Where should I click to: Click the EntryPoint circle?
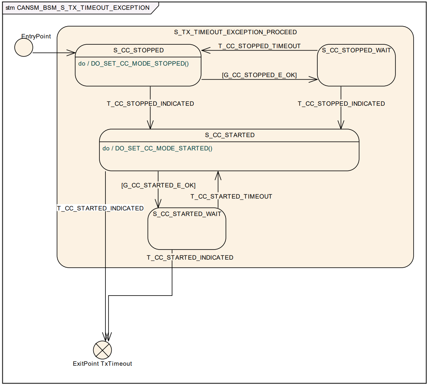coord(24,47)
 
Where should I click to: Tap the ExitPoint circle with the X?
coord(102,350)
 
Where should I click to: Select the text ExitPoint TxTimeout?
coord(102,364)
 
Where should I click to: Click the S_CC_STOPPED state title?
coord(139,50)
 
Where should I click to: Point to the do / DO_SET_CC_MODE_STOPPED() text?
coord(133,64)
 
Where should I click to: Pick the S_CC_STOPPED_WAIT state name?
coord(356,50)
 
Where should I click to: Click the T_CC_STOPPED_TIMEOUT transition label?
coord(259,46)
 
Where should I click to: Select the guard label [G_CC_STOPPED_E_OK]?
coord(259,75)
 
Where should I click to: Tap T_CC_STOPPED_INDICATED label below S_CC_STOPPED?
coord(150,104)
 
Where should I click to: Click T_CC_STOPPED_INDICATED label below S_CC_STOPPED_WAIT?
coord(341,104)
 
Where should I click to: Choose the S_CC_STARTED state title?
coord(230,135)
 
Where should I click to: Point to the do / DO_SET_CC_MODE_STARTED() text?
coord(157,148)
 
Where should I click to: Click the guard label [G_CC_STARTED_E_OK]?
coord(158,185)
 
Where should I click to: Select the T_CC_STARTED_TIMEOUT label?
coord(231,196)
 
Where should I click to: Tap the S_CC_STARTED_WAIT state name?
coord(187,214)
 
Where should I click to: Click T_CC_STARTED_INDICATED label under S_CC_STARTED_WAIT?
coord(190,258)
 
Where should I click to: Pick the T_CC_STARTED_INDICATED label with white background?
coord(100,208)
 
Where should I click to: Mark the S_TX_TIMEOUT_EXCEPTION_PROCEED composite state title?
coord(235,32)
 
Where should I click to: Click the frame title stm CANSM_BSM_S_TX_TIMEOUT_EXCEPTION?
coord(77,8)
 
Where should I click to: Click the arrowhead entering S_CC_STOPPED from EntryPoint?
coord(72,53)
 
